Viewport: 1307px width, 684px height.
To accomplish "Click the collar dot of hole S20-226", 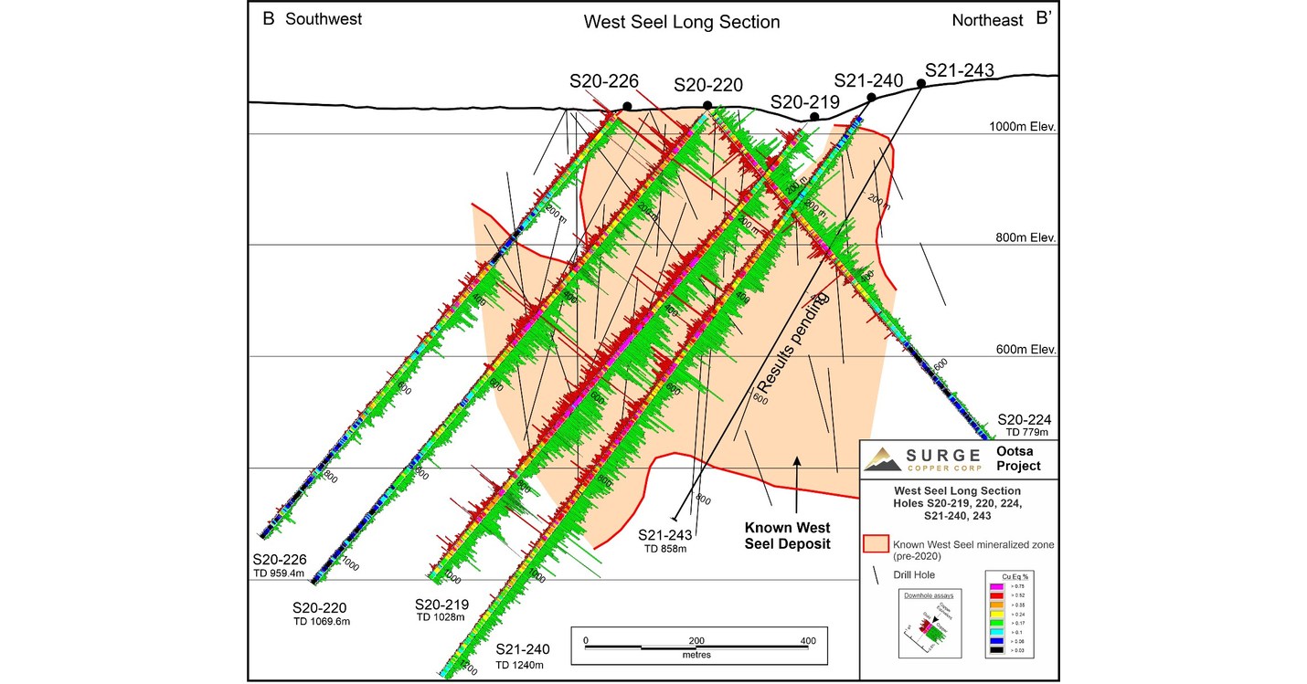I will tap(627, 106).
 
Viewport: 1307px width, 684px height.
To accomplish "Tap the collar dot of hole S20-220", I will tap(707, 106).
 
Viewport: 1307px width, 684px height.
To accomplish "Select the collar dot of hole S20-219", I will tap(814, 116).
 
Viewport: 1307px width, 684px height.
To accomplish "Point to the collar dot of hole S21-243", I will tap(921, 84).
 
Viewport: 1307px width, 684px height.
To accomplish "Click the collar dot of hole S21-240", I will tap(871, 97).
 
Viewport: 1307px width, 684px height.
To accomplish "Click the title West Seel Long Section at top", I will tap(682, 21).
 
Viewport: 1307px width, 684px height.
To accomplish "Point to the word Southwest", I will tap(324, 19).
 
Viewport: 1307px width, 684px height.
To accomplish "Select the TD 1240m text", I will tap(520, 666).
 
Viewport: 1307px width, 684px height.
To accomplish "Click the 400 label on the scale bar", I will tap(808, 640).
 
